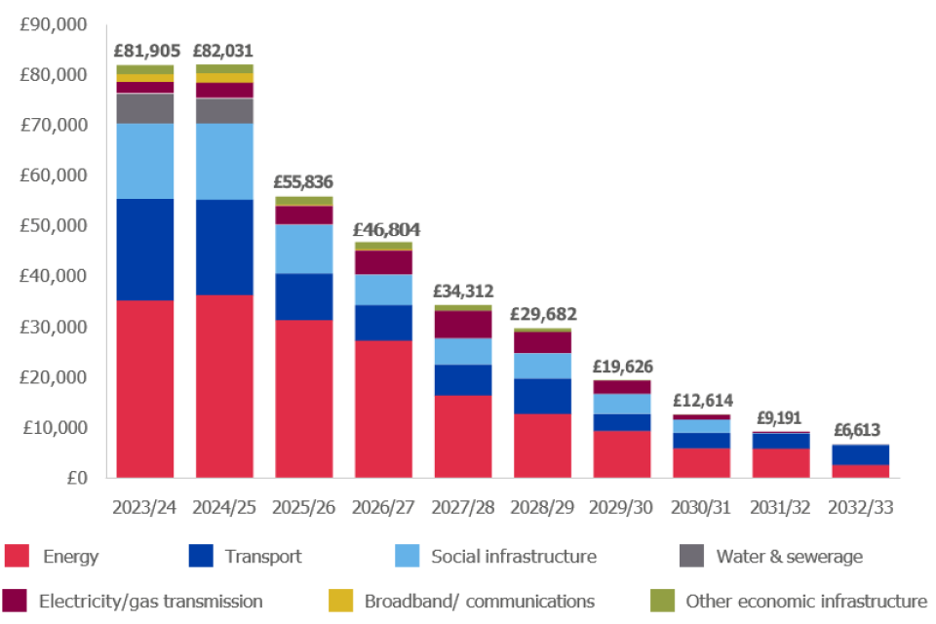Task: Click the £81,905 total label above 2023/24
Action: [x=145, y=51]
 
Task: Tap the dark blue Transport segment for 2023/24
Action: [x=145, y=249]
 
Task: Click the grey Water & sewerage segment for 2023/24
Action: [x=145, y=108]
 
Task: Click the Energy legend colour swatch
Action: [x=17, y=557]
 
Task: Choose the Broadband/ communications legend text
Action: [x=480, y=602]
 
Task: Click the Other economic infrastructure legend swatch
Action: [x=662, y=602]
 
